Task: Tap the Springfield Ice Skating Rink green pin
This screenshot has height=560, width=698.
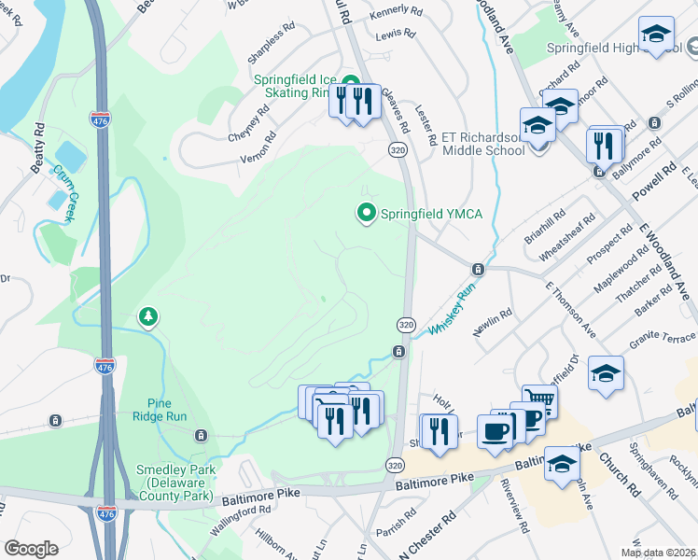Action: pyautogui.click(x=351, y=81)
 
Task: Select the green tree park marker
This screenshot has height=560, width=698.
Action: pyautogui.click(x=147, y=318)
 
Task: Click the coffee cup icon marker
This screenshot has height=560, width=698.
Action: pyautogui.click(x=495, y=430)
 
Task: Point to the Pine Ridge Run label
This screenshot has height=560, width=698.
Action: pyautogui.click(x=167, y=409)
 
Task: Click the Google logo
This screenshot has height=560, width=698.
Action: pyautogui.click(x=31, y=549)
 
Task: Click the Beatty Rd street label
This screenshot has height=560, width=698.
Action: pyautogui.click(x=38, y=148)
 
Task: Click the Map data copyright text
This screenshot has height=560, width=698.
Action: pyautogui.click(x=659, y=552)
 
